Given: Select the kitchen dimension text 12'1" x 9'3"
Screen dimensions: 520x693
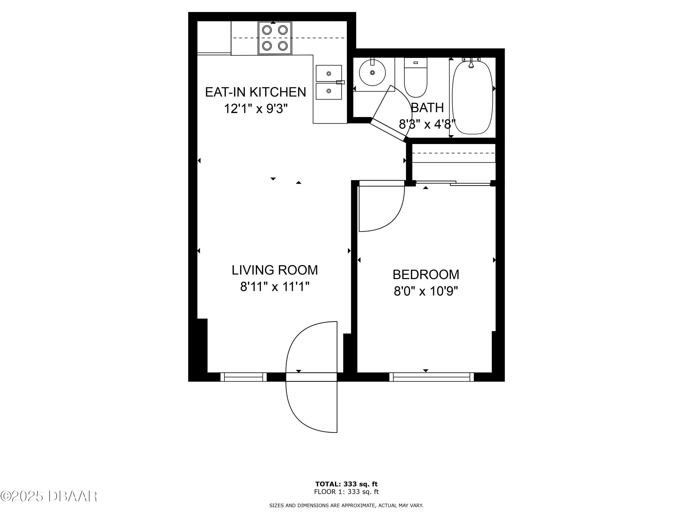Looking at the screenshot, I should coord(255,109).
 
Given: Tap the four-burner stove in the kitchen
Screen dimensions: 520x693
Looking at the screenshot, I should coord(275,38).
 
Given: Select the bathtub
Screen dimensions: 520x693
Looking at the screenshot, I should coord(472,97).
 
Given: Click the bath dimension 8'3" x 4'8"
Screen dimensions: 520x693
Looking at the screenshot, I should coord(427,124).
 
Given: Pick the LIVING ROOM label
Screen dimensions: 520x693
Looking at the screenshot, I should coord(275,270).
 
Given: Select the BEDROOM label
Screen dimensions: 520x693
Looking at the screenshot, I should coord(426,275).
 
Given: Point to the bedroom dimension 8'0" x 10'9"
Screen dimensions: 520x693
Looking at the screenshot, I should coord(426,291).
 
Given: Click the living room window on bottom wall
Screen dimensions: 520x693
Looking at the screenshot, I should coord(243,377).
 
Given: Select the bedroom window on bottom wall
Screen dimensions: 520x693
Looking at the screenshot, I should coord(432,377).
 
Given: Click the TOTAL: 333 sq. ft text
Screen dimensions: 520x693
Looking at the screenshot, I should coord(346,484).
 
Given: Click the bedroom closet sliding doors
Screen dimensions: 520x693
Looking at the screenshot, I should coord(453,183).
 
